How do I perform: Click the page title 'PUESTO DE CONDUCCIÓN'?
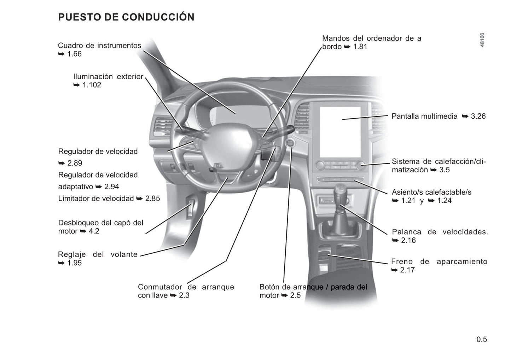[126, 17]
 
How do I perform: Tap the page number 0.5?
[482, 339]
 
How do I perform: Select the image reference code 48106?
[482, 40]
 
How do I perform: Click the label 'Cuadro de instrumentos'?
[99, 45]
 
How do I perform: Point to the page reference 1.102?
[92, 85]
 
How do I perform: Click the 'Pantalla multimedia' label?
[424, 116]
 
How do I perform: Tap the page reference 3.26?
[478, 116]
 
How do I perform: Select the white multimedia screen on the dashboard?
[340, 132]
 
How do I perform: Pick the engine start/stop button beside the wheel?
[290, 143]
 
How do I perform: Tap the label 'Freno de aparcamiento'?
[439, 261]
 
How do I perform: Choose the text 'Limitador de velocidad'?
[96, 199]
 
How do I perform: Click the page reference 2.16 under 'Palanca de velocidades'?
[408, 240]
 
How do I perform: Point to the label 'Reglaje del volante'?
[98, 254]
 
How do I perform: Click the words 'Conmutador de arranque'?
[186, 287]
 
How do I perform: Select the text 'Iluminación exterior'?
[108, 76]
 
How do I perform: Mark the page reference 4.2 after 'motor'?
[94, 231]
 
